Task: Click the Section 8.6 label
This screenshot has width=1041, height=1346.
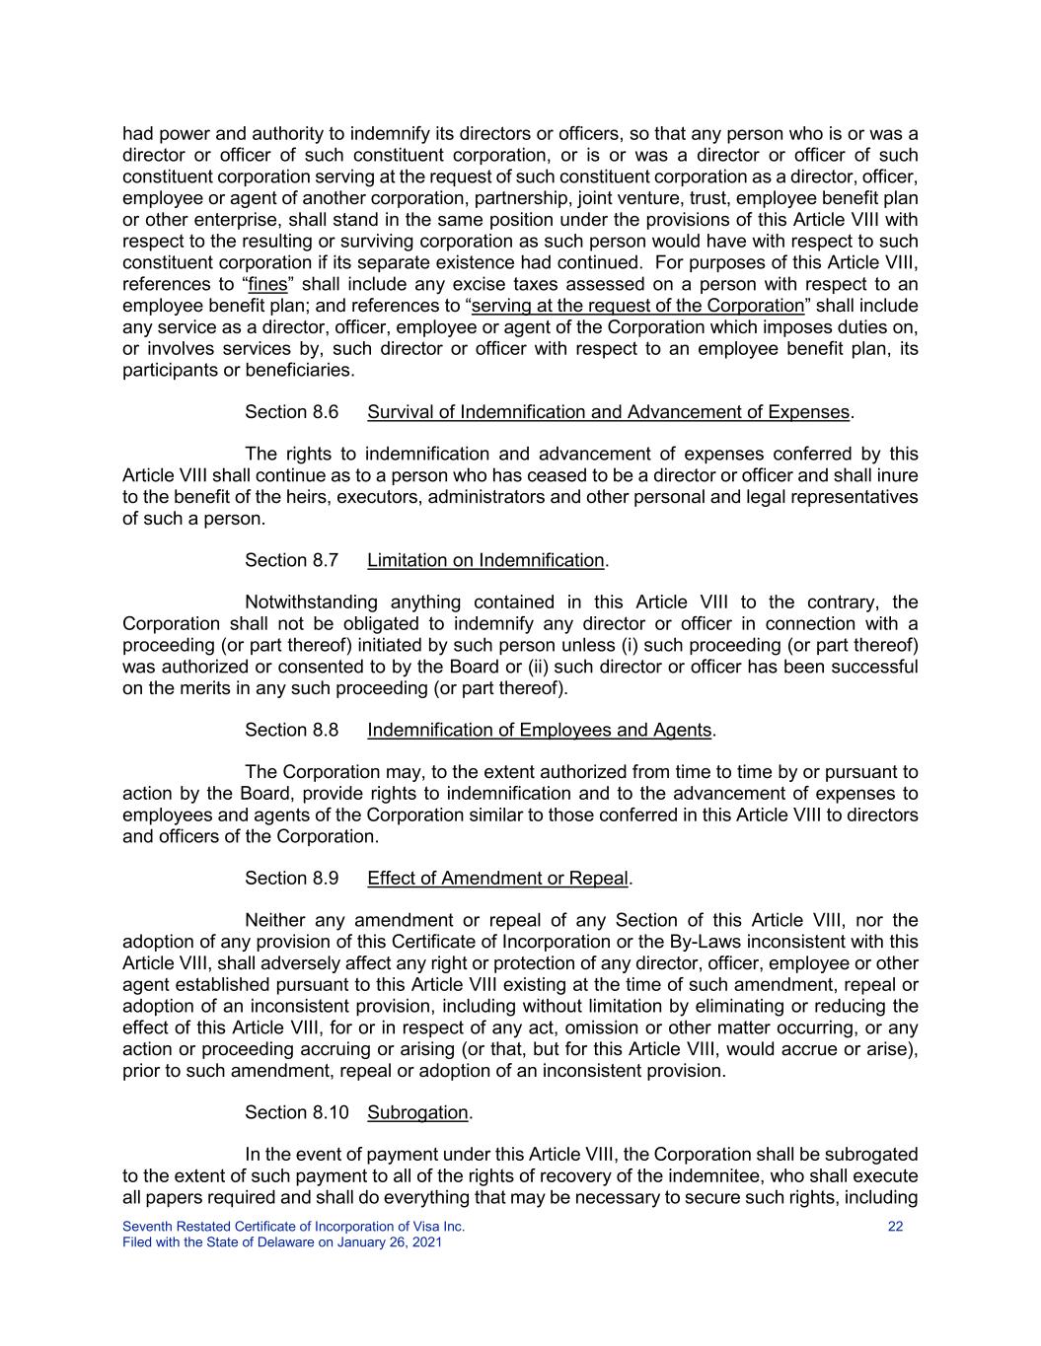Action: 291,412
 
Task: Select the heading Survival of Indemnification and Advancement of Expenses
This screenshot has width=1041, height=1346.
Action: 608,412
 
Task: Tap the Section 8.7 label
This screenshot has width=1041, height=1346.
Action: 291,560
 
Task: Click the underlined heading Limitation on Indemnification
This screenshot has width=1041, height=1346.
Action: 485,560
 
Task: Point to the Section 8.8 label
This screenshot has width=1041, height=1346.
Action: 291,730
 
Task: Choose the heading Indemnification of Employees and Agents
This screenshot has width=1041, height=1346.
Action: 539,730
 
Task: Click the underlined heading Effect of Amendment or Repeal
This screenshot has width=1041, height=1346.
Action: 497,878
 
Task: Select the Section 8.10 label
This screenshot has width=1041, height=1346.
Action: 296,1112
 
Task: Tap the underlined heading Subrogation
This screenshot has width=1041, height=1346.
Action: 417,1112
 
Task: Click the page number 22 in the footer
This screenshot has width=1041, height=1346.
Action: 895,1227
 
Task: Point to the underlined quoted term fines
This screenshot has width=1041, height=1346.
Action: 266,284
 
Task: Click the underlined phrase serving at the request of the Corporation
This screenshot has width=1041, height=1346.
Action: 637,306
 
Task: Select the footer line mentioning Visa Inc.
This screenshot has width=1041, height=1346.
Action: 293,1227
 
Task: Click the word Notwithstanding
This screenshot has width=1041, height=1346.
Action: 311,602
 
